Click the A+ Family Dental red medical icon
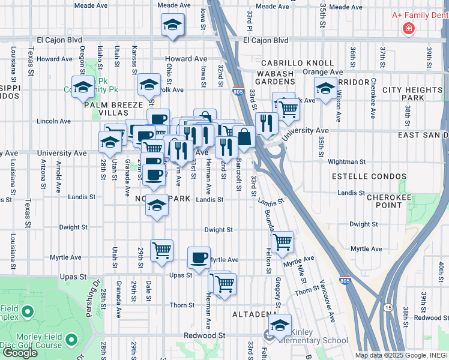[x=409, y=28]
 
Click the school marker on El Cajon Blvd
[x=172, y=25]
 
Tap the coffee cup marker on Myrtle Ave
[x=199, y=258]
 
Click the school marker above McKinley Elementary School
[x=280, y=325]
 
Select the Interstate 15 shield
[x=389, y=307]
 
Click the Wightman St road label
[x=346, y=161]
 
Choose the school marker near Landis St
[x=157, y=206]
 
